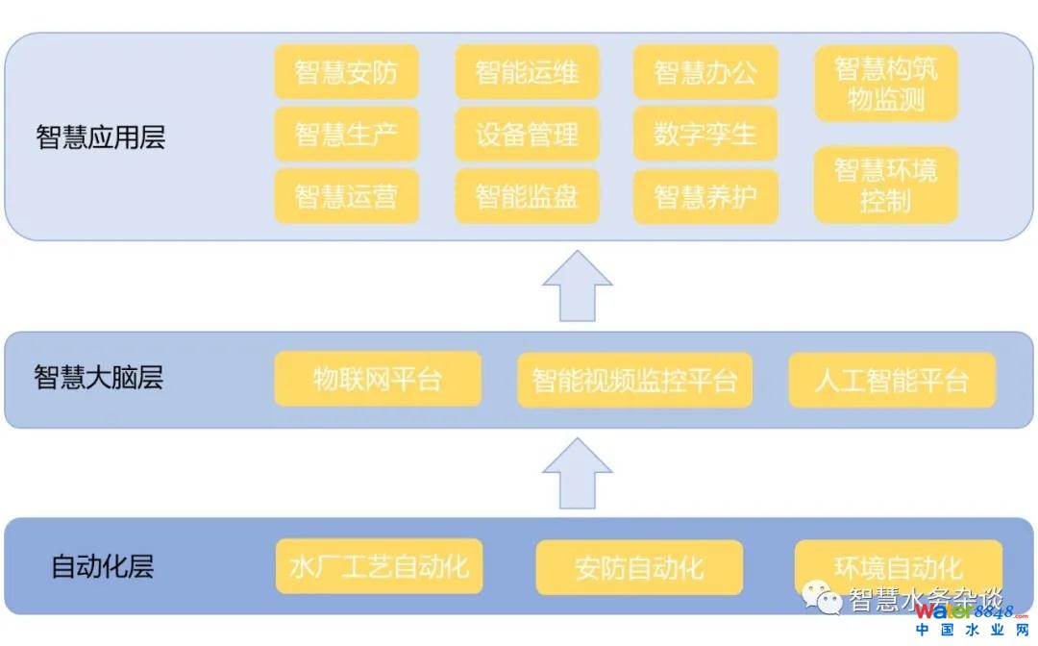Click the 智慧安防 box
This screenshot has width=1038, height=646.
(346, 72)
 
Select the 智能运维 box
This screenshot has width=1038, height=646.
(527, 72)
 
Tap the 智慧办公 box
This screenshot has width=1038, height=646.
(705, 72)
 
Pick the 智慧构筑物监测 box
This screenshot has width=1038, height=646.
(886, 84)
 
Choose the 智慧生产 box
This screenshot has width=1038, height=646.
(346, 134)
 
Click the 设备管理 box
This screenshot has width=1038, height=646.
(527, 134)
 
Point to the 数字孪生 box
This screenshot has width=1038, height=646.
(705, 134)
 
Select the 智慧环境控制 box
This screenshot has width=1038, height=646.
(886, 185)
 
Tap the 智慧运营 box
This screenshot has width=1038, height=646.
(346, 196)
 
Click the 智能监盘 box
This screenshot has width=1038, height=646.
(527, 196)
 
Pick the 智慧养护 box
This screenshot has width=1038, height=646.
(705, 196)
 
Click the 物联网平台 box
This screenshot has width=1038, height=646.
(378, 379)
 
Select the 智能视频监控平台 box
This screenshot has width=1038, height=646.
(634, 380)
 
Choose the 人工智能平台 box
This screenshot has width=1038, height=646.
(892, 380)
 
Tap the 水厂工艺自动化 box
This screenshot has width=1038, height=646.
(379, 565)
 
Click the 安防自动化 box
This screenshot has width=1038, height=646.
(639, 567)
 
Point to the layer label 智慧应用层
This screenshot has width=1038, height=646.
(101, 137)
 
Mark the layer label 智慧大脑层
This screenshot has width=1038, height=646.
(99, 378)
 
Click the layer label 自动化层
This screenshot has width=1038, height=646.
(102, 566)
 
